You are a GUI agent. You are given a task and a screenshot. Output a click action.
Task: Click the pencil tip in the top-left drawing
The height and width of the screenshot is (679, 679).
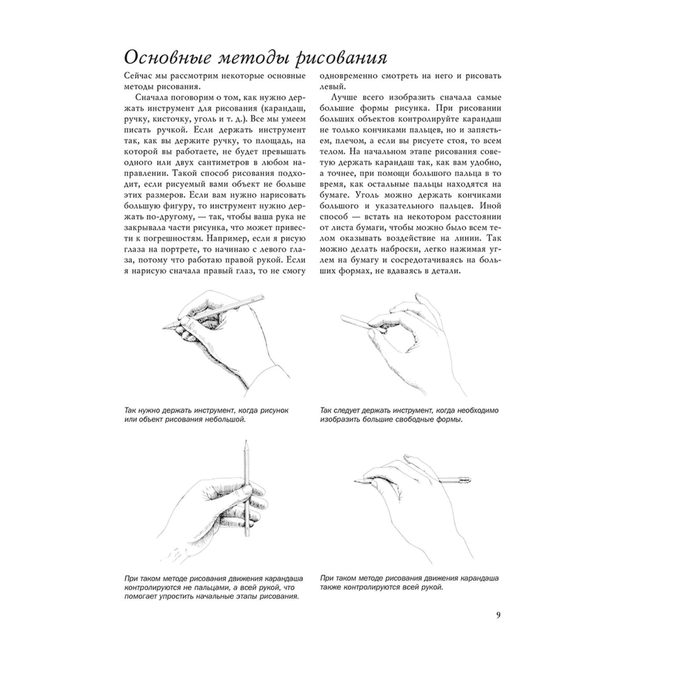(164, 327)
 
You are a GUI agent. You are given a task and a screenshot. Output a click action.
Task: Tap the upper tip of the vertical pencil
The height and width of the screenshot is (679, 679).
(245, 443)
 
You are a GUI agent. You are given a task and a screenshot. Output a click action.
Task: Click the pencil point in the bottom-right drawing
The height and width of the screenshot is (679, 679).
(355, 481)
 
